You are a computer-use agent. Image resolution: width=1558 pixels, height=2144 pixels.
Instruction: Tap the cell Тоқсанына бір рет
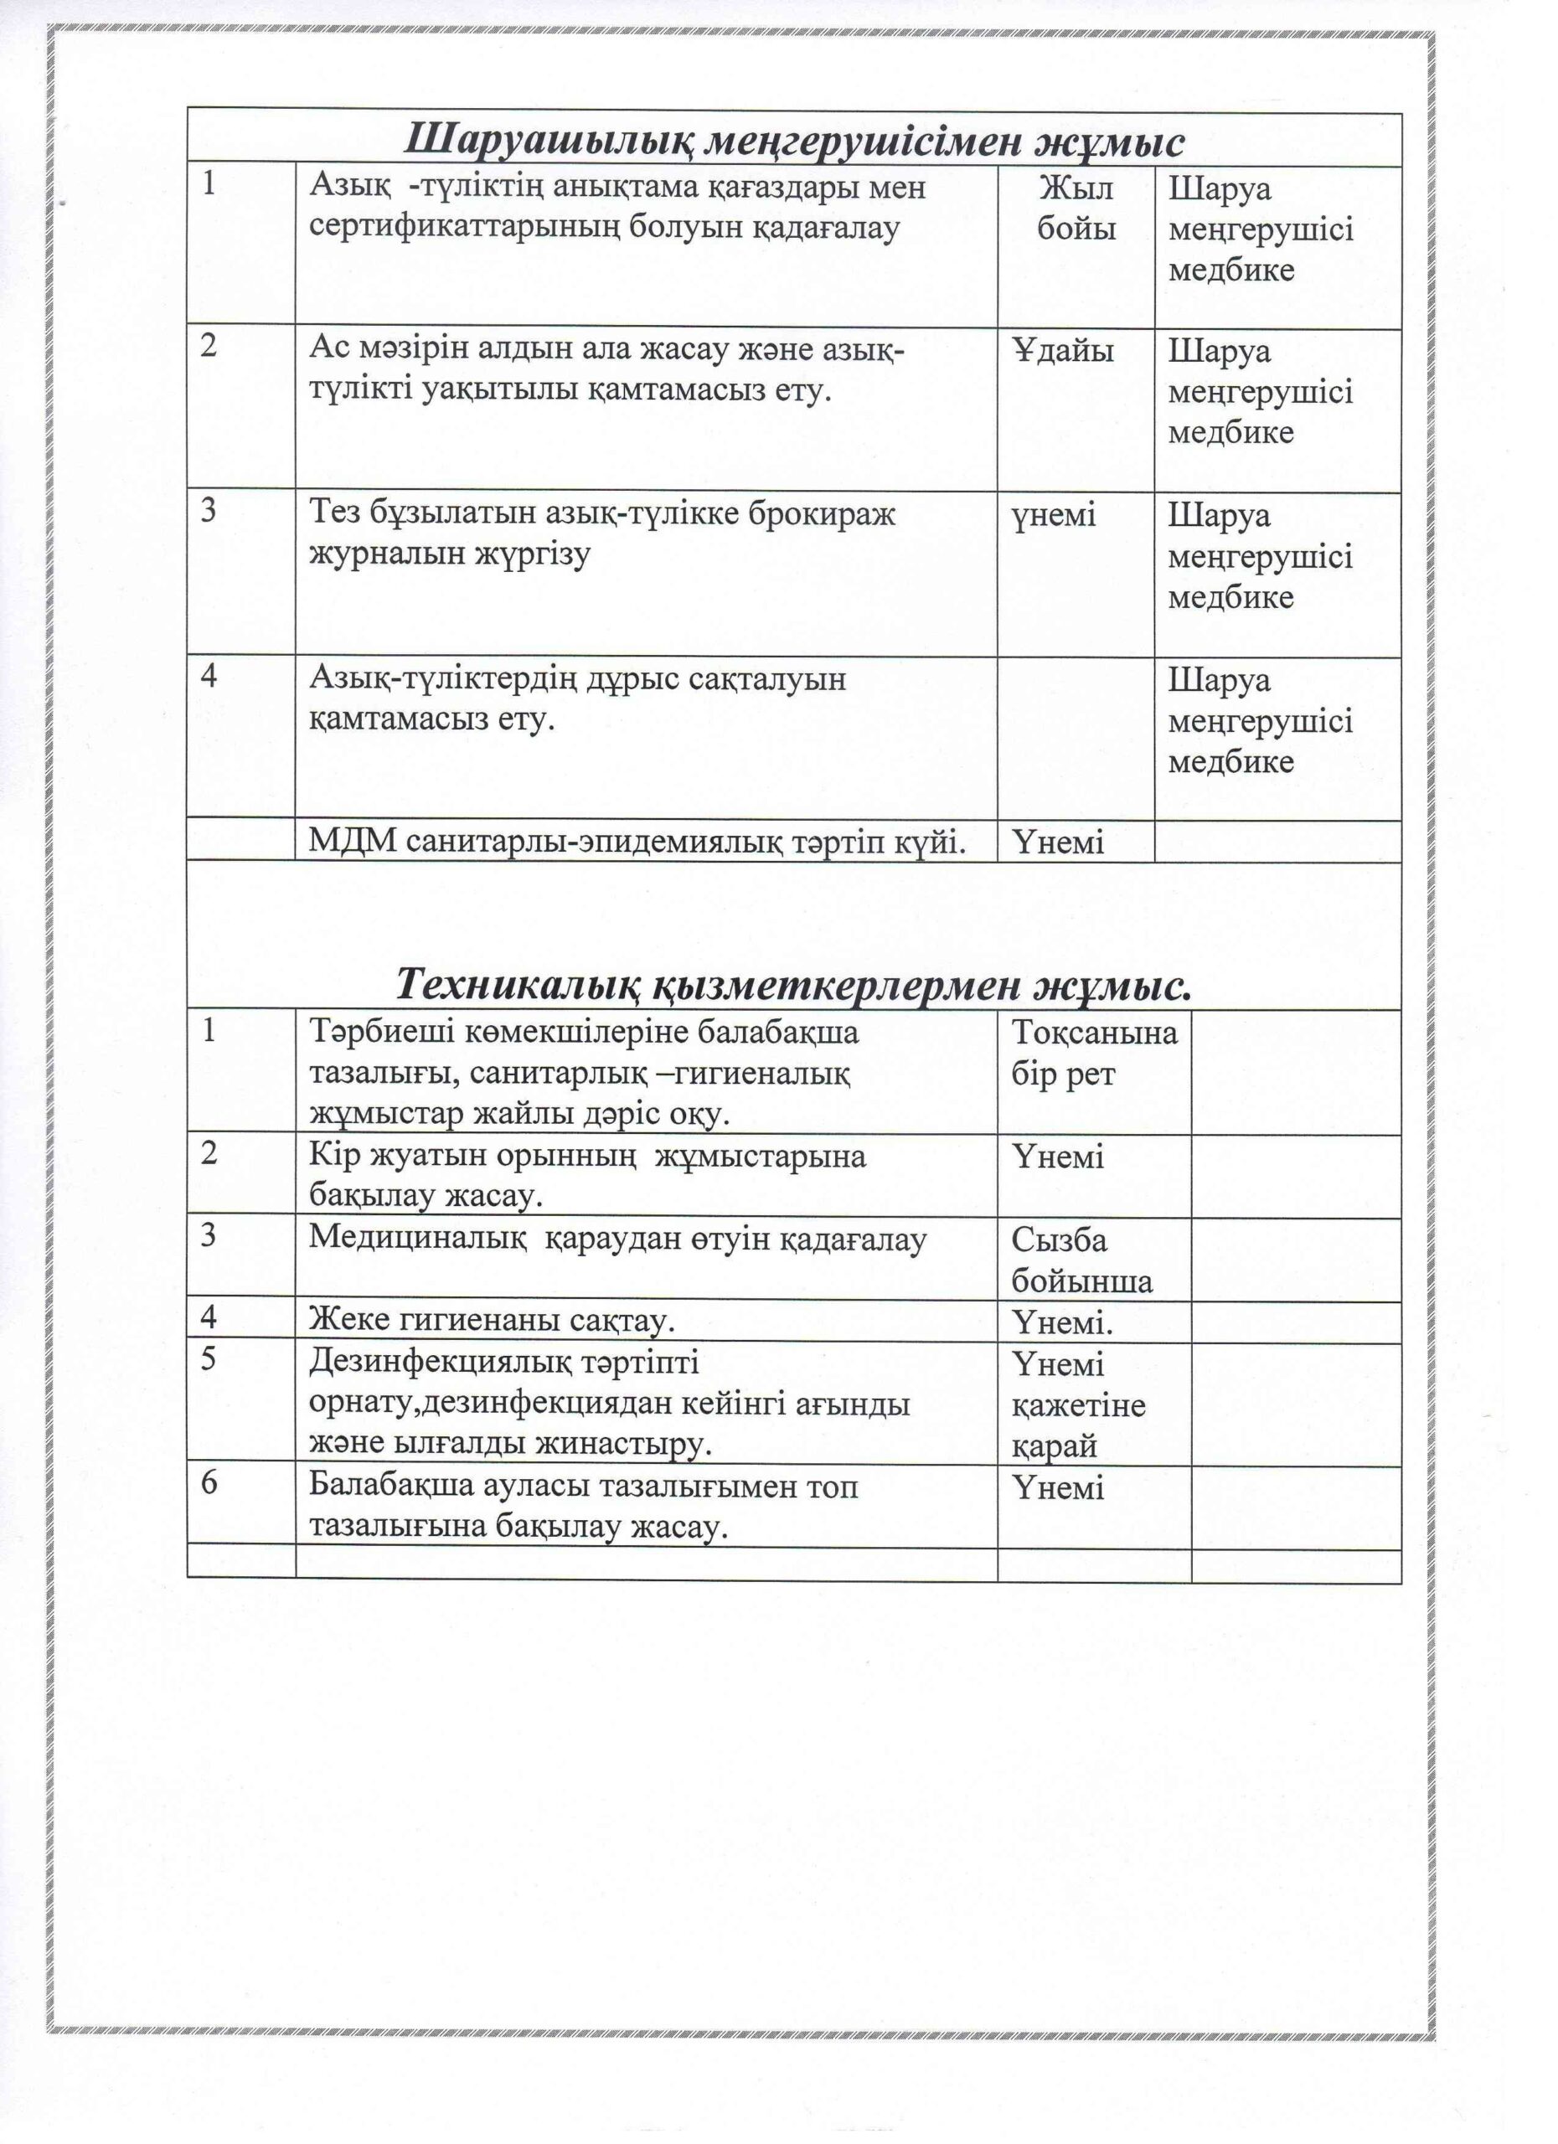[1094, 1053]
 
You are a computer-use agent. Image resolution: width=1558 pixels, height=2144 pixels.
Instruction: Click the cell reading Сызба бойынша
[1081, 1260]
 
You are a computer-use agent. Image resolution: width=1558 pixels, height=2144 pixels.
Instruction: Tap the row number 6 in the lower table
[209, 1482]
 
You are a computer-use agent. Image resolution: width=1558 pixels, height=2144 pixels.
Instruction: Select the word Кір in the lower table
[330, 1156]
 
